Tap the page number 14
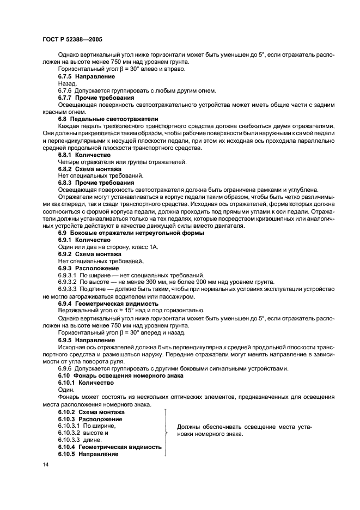[x=45, y=464]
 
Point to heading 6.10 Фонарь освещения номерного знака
[x=120, y=375]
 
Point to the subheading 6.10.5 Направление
[x=88, y=454]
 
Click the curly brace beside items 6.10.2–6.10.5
[x=166, y=433]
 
